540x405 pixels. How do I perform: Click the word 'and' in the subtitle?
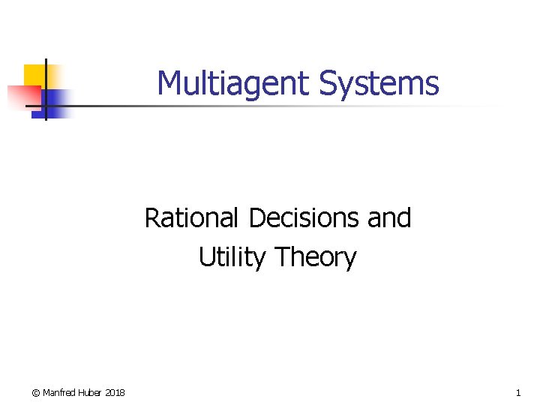coord(389,218)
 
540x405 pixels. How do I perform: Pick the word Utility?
coord(232,257)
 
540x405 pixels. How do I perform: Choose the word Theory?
coord(316,257)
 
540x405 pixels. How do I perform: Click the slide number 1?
coord(518,393)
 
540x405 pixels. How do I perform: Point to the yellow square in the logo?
coord(34,75)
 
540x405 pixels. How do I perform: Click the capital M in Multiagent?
coord(169,83)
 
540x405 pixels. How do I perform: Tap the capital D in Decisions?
coord(257,218)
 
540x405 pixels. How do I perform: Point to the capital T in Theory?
coord(282,257)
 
